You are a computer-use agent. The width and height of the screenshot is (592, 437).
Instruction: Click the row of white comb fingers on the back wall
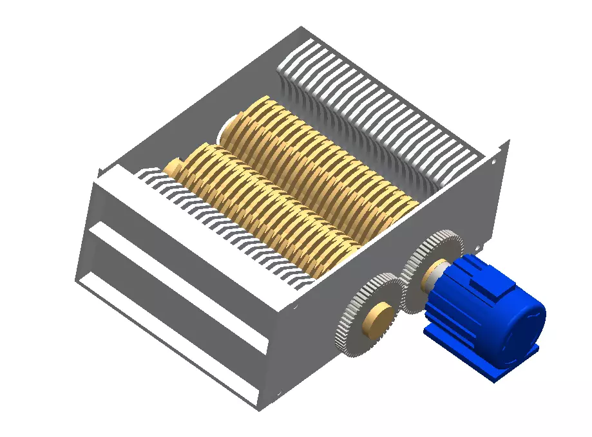pyautogui.click(x=380, y=109)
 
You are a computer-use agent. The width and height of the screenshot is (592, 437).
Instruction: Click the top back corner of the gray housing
pyautogui.click(x=301, y=28)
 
